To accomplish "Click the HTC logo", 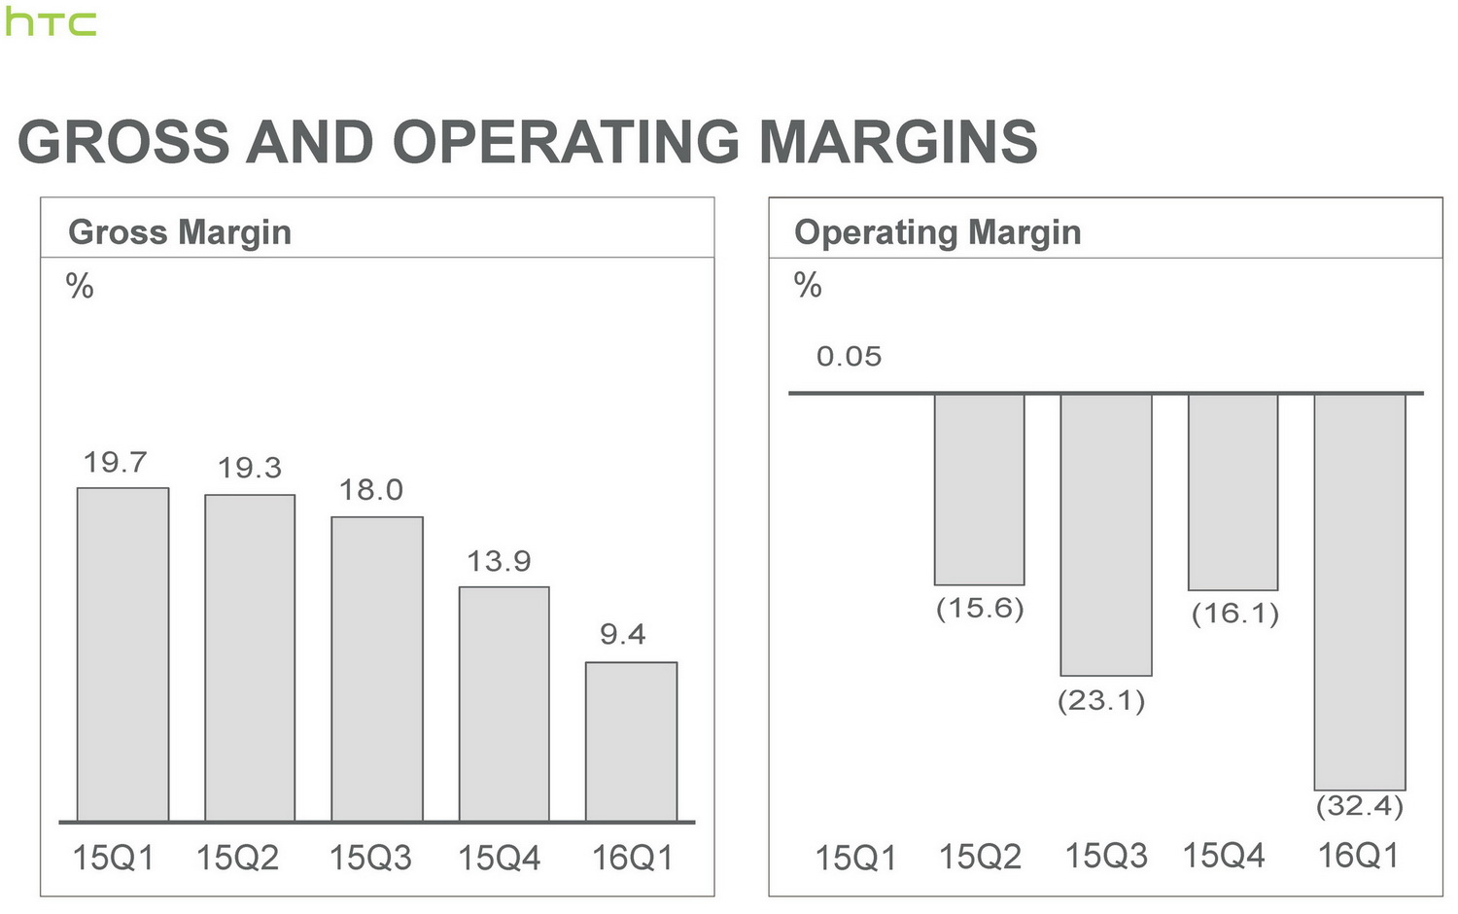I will (51, 22).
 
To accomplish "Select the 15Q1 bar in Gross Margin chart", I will (122, 654).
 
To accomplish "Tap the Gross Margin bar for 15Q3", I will (377, 669).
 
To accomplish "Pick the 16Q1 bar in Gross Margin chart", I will (631, 742).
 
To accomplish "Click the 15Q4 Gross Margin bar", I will (503, 704).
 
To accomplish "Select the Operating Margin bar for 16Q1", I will (1360, 591).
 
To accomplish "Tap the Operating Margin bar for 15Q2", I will (979, 489).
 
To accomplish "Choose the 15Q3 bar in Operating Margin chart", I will (1106, 535).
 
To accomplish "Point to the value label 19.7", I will (115, 463).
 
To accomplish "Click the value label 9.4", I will (623, 635).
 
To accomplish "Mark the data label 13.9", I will (499, 562).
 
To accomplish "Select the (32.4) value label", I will (1360, 806).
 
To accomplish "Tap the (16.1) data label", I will (1234, 615).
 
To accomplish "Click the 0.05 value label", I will (849, 357).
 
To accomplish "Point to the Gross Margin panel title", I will (180, 232).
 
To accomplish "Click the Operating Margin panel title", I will (937, 232).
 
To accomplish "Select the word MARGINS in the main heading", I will (897, 142).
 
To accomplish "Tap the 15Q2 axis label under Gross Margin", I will (237, 858).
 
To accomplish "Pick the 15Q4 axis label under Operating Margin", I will (1224, 856).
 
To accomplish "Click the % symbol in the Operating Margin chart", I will (808, 286).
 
